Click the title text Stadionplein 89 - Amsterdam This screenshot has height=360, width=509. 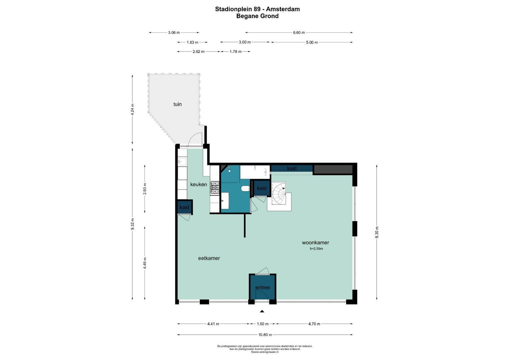(257, 9)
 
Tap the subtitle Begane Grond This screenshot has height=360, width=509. (257, 16)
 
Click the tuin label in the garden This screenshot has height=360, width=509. (177, 104)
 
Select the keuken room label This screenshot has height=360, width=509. (198, 184)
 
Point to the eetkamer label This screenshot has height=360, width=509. (209, 258)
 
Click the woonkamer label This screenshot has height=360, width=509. (315, 242)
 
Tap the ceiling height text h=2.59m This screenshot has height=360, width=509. (316, 249)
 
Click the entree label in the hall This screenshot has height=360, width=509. (262, 287)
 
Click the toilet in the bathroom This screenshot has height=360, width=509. (246, 189)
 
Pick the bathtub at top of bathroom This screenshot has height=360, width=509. (255, 172)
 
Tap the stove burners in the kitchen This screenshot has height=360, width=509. (215, 188)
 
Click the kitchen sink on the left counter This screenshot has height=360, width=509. (182, 162)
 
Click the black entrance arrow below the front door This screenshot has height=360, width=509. (262, 311)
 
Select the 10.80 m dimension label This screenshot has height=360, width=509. (265, 335)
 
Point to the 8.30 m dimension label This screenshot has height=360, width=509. (377, 232)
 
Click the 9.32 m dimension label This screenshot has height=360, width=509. (132, 224)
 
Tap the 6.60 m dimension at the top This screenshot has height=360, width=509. (299, 33)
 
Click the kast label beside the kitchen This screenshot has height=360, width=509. (184, 207)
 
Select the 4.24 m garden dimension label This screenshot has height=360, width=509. (132, 109)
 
